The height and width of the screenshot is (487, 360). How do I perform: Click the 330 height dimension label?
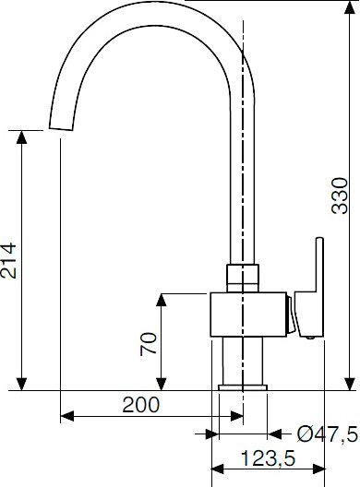click(x=339, y=196)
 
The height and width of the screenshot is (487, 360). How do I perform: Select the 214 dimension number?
click(x=8, y=261)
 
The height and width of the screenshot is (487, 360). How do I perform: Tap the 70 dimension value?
click(x=149, y=344)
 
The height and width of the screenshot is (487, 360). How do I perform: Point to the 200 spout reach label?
click(x=141, y=405)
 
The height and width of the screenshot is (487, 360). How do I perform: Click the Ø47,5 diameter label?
click(x=328, y=434)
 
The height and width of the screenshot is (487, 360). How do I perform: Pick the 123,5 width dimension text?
click(x=268, y=458)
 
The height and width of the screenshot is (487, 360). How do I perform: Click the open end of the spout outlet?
click(x=61, y=129)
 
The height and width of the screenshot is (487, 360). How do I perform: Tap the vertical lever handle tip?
click(x=319, y=239)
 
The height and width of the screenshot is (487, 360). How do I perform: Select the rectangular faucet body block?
click(x=248, y=315)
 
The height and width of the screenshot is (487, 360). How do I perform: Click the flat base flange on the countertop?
click(x=243, y=387)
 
